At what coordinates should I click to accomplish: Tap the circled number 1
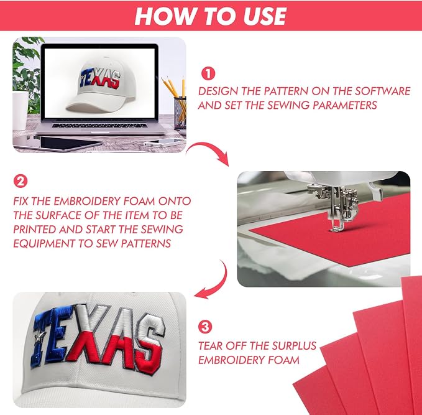pos(208,73)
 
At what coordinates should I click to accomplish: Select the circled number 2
pos(21,181)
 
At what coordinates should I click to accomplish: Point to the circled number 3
pos(205,327)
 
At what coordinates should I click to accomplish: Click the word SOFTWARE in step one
pos(382,91)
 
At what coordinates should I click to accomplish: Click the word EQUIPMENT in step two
pos(44,243)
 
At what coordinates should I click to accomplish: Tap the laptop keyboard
pos(99,125)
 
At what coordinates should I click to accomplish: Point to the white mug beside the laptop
pos(20,111)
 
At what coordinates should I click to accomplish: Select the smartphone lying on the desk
pos(164,142)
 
